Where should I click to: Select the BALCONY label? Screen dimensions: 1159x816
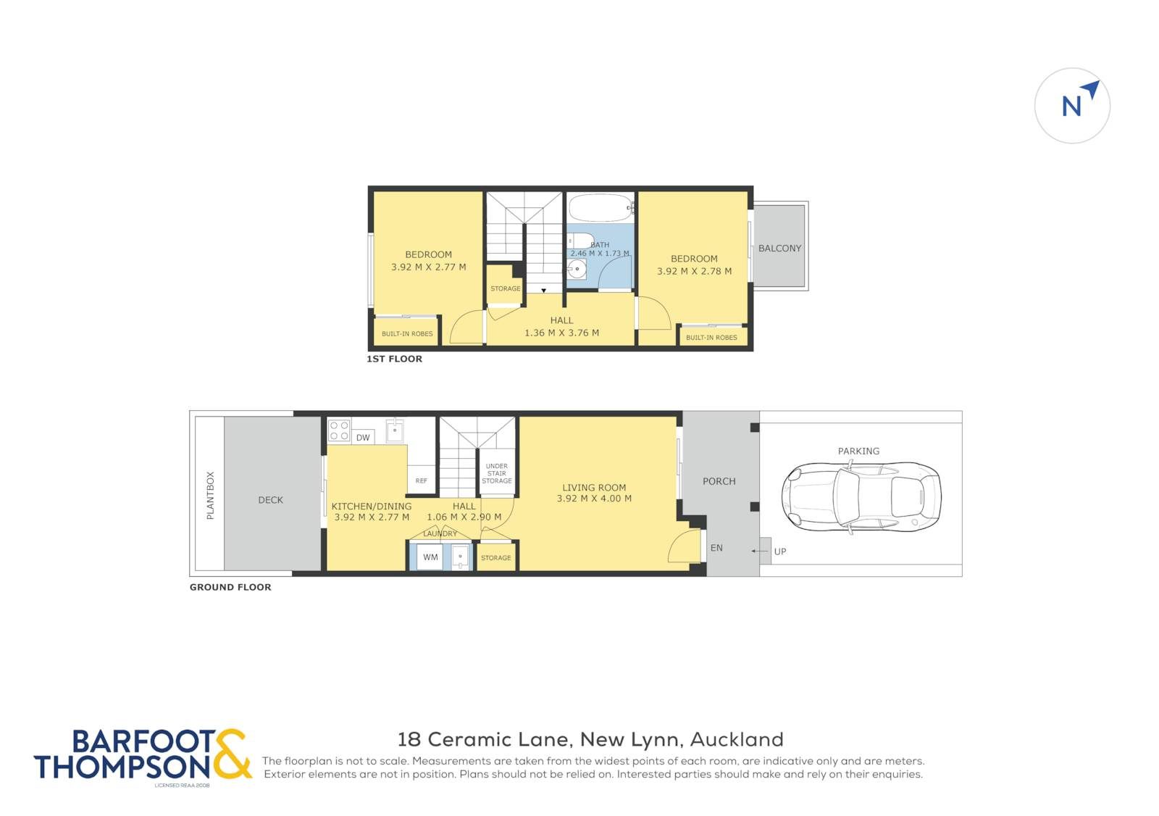[x=779, y=249]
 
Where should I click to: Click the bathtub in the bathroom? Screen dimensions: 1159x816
[x=601, y=208]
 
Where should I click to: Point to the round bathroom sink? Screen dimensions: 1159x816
[x=577, y=270]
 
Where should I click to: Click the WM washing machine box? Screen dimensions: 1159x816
[x=430, y=557]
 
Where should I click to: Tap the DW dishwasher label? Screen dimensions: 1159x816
[x=363, y=438]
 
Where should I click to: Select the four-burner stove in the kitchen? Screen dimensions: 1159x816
[x=339, y=430]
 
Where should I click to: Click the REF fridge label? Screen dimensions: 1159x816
[x=422, y=481]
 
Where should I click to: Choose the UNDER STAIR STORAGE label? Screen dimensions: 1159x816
[x=497, y=474]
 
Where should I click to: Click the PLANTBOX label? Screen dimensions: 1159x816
[x=210, y=496]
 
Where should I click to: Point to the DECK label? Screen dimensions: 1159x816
[x=271, y=500]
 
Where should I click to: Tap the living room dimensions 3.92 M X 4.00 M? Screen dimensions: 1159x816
[x=594, y=499]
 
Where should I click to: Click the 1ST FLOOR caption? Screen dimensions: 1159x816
[x=394, y=359]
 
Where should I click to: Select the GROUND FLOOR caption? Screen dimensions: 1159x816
[x=230, y=588]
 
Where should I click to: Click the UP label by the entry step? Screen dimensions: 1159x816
[x=780, y=552]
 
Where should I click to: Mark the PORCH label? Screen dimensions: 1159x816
[x=719, y=481]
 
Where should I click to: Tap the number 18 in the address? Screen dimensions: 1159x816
[x=409, y=740]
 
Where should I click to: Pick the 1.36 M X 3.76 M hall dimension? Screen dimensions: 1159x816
[x=562, y=333]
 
